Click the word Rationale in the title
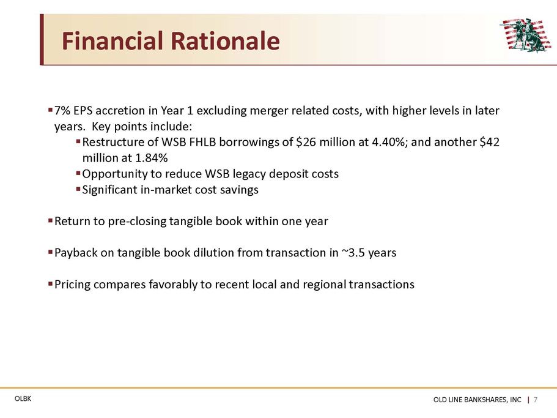[225, 40]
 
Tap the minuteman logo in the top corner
[525, 35]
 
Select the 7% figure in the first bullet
[62, 111]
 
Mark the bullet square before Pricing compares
[51, 284]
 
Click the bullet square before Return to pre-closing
[51, 221]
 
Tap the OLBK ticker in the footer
[23, 399]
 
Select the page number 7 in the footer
[536, 400]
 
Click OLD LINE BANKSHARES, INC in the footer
[477, 400]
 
